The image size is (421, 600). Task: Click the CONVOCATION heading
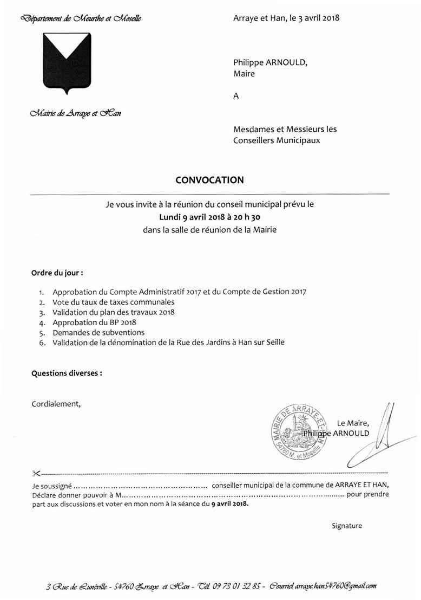pos(209,180)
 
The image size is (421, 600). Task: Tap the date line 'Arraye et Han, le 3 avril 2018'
pos(286,18)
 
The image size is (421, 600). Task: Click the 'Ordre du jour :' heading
pos(57,272)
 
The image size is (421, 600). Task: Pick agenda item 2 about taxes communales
pos(114,302)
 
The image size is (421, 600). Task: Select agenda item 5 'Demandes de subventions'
pos(98,332)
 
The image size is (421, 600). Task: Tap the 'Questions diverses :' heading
pos(67,373)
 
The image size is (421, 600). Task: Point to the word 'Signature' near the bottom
pos(347,526)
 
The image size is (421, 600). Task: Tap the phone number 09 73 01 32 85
pos(238,586)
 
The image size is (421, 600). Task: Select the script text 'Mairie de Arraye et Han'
pos(76,113)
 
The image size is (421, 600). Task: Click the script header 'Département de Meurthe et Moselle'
pos(81,19)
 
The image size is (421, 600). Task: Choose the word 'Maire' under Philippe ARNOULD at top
pos(244,74)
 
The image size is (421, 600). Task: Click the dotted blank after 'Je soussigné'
pos(140,486)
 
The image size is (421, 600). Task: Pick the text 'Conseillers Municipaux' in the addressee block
pos(277,140)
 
